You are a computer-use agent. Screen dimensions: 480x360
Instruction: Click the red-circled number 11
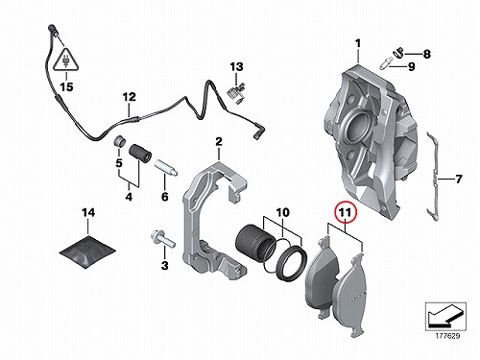346,212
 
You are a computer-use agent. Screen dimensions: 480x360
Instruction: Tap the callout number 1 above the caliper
358,43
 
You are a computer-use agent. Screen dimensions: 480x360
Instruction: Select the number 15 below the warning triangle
67,86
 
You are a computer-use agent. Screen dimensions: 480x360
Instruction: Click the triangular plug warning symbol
66,60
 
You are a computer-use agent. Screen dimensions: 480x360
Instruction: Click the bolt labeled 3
162,240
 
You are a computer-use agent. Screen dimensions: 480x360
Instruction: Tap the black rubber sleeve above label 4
140,154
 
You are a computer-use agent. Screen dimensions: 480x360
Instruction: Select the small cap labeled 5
120,141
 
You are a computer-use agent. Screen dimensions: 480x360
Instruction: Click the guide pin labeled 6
166,168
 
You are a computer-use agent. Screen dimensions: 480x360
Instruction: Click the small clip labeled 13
235,92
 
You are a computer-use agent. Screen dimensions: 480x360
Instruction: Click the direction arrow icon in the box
444,316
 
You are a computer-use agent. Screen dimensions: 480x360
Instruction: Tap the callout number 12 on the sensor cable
130,97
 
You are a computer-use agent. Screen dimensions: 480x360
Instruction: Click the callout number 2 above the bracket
219,141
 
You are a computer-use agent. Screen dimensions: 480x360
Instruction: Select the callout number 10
283,212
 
